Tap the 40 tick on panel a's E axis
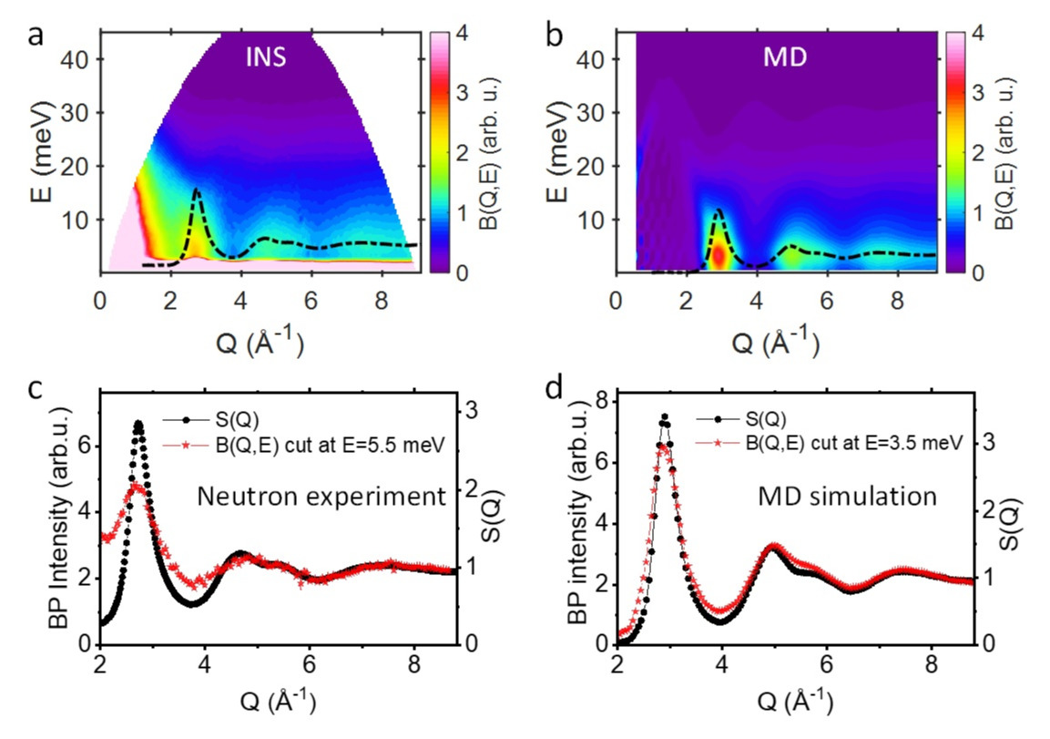(80, 58)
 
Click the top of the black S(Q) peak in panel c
(138, 423)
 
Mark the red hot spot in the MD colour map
(719, 255)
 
